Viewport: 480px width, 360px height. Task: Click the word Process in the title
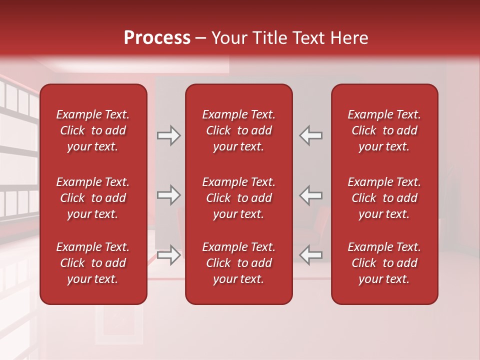(x=157, y=38)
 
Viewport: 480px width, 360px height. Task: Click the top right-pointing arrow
(x=168, y=135)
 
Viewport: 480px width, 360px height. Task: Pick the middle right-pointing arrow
(x=168, y=195)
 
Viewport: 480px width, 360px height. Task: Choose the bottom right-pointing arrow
(x=168, y=255)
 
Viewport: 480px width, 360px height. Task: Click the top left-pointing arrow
(x=311, y=135)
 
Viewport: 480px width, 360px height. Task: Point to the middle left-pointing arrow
(x=311, y=195)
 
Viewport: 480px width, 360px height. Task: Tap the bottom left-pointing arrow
(x=311, y=255)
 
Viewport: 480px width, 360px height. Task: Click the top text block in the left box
(x=93, y=130)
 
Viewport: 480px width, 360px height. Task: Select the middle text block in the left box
(x=93, y=198)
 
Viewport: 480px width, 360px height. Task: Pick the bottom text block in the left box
(x=93, y=263)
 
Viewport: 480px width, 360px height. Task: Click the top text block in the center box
(x=239, y=130)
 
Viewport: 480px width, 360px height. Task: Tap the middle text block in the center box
(x=239, y=198)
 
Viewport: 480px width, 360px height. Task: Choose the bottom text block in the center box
(x=239, y=263)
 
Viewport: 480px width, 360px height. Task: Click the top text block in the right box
(x=384, y=130)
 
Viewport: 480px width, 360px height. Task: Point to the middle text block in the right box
(x=384, y=198)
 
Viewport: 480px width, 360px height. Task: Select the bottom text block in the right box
(x=384, y=263)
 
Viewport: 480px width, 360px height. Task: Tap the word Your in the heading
(x=229, y=38)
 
